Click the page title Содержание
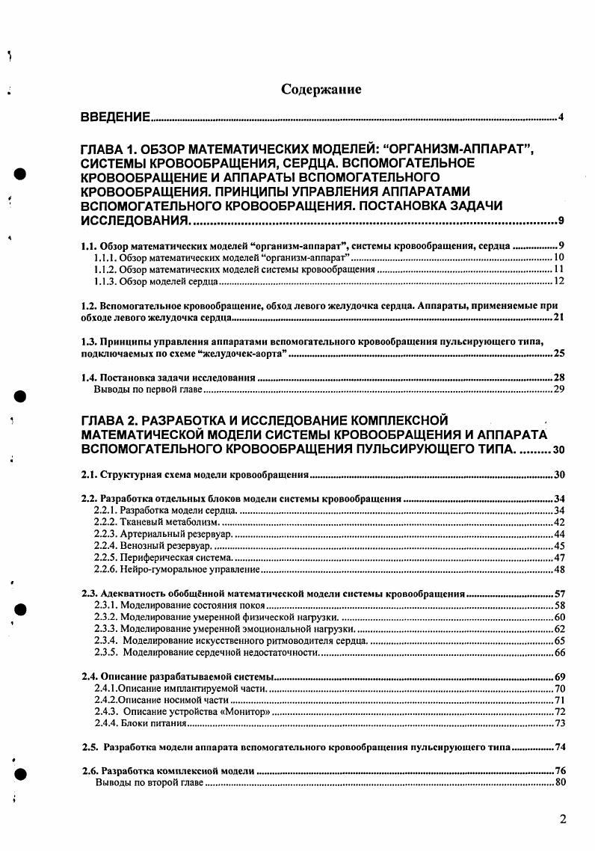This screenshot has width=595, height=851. [x=321, y=89]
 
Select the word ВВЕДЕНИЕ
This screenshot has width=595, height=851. [x=116, y=118]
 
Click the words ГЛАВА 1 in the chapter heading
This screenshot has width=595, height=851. [x=113, y=150]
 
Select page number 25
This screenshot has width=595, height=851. [x=559, y=353]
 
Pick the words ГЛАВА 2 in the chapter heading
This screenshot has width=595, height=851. [x=113, y=420]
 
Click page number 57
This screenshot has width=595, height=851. [x=559, y=594]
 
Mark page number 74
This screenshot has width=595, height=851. [x=559, y=747]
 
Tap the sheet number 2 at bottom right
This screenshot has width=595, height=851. [x=563, y=818]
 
